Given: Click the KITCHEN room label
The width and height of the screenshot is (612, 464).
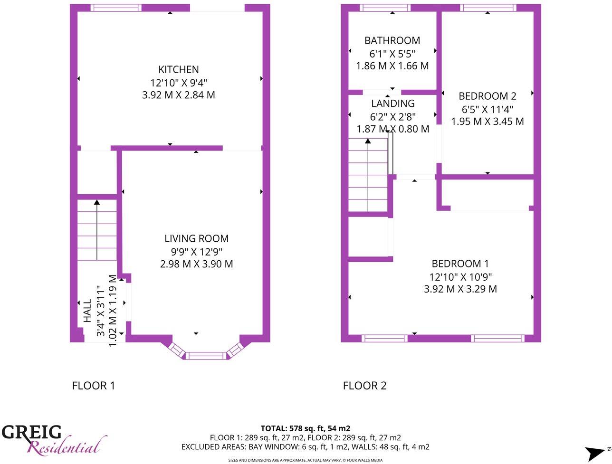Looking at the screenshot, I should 178,70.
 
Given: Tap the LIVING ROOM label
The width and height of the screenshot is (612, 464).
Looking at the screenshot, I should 196,239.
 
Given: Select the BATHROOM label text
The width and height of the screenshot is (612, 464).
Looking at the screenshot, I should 392,41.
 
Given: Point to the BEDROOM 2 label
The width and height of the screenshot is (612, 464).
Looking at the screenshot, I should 487,96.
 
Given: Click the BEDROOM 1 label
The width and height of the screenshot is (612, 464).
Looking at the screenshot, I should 460,264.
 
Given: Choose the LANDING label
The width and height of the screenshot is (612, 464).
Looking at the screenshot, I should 392,104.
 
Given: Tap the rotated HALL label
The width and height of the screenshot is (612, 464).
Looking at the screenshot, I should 87,311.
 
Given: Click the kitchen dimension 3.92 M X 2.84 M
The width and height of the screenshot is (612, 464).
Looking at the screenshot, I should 178,95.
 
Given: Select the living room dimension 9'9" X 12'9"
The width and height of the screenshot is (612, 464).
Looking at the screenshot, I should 196,252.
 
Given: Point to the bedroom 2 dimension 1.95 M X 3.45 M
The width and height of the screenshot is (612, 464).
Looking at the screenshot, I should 487,122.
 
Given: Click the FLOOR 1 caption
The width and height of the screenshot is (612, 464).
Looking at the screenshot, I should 93,386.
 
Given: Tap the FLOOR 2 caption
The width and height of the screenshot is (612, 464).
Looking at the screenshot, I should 364,386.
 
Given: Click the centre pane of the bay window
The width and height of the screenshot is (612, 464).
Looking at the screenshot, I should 206,355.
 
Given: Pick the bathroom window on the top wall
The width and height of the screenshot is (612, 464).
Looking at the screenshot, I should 385,8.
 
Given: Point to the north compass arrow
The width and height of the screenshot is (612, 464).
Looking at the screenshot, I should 594,453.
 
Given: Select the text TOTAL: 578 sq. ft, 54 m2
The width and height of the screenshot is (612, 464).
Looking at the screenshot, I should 305,428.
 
